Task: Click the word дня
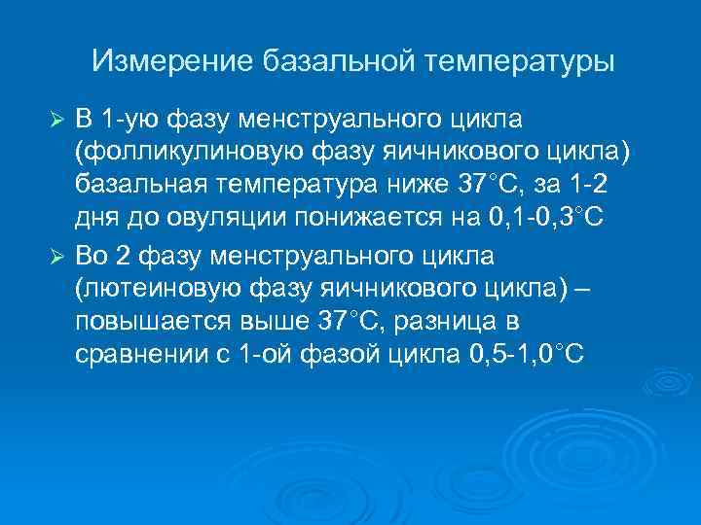click(x=93, y=218)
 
